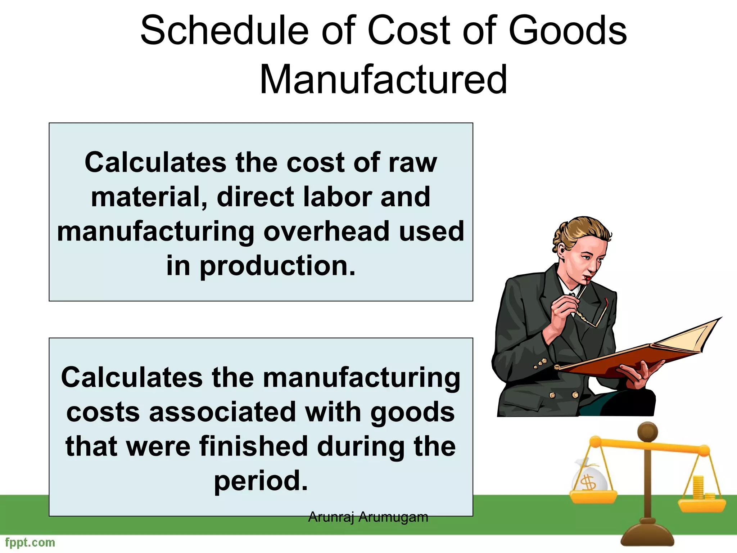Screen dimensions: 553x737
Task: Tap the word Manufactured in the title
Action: coord(383,80)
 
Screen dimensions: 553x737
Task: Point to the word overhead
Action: coord(327,231)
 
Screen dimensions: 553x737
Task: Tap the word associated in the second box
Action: coord(222,412)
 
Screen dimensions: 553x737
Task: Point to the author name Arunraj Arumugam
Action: coord(368,517)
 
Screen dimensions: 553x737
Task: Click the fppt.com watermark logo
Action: coord(30,543)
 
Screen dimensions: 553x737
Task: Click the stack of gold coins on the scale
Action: coord(698,488)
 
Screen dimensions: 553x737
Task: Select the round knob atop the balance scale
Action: coord(647,432)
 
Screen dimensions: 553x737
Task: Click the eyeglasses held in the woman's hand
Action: coord(590,317)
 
